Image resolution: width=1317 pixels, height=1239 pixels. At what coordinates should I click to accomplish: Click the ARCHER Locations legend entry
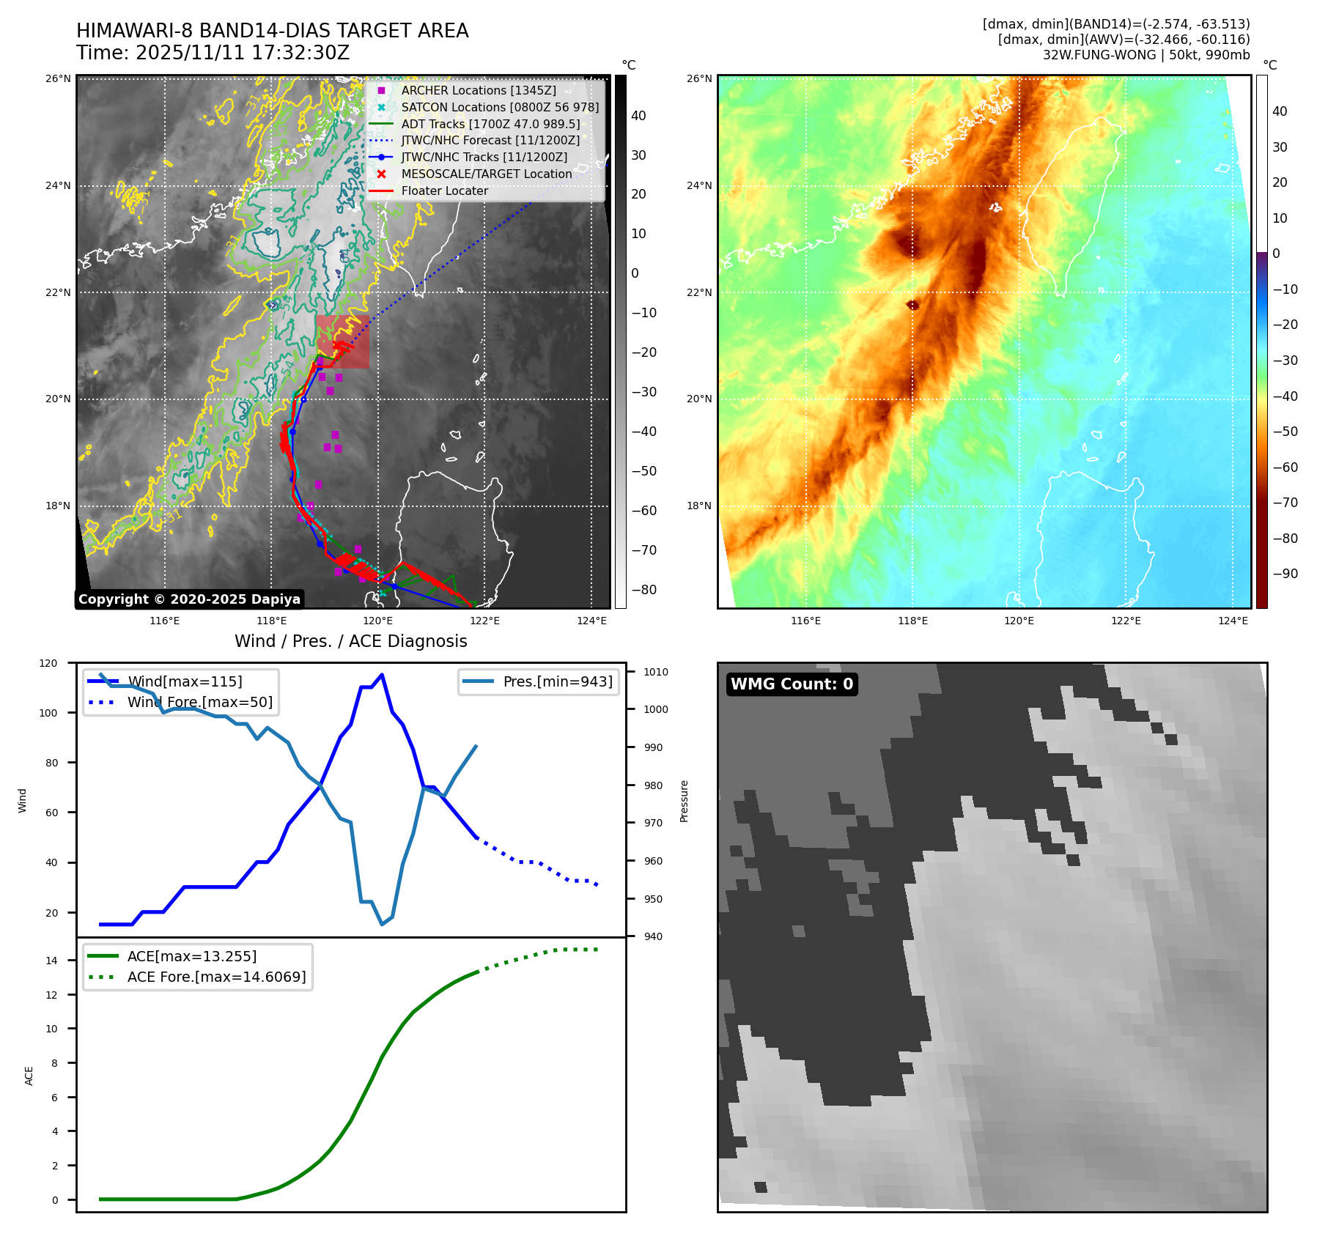(478, 90)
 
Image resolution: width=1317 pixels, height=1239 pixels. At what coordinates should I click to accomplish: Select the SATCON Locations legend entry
(500, 107)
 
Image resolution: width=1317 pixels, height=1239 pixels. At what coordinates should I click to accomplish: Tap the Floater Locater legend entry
(444, 191)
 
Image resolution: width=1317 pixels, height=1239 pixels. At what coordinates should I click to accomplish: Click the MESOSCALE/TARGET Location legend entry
(486, 174)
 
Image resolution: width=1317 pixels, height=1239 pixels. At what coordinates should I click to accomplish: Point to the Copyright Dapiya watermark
(189, 599)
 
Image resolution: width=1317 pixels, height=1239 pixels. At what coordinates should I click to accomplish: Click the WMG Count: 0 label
(792, 684)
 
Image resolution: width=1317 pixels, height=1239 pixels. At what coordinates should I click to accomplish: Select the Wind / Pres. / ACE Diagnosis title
(350, 641)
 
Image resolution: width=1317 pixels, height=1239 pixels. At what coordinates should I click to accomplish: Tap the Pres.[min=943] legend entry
(557, 681)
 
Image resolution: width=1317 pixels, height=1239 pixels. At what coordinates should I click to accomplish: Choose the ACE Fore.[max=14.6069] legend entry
(216, 977)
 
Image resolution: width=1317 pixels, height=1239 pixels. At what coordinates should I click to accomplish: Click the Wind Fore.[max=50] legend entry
(199, 702)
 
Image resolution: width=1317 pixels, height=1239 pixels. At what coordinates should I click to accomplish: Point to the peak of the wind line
(382, 675)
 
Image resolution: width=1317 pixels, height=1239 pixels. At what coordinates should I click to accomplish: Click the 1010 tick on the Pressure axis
(656, 672)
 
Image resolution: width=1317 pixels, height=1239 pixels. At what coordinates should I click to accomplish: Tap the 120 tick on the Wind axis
(48, 663)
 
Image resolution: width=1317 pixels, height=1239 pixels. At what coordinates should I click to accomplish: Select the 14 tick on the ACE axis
(51, 961)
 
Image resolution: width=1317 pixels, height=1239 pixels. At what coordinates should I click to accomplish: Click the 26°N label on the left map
(58, 78)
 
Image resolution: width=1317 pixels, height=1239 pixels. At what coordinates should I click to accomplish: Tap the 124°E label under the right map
(1233, 621)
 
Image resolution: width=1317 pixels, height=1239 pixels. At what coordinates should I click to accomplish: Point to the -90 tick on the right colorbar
(1285, 574)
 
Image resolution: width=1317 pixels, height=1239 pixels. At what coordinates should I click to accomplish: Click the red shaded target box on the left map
(343, 341)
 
